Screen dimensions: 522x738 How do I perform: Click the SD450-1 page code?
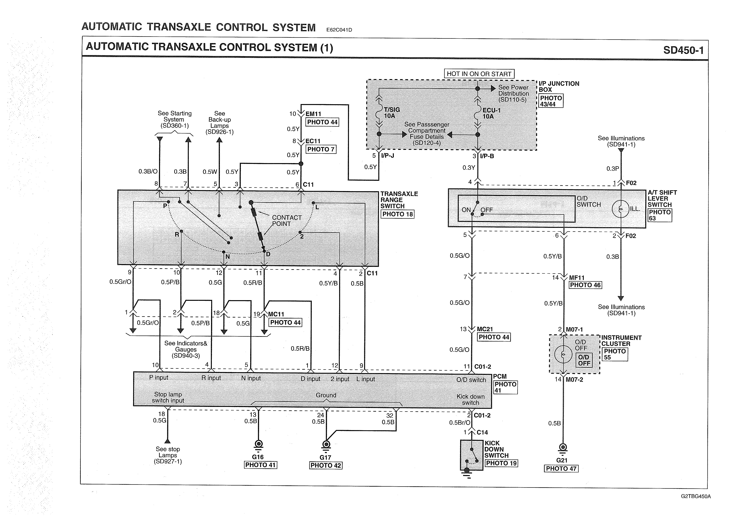pyautogui.click(x=683, y=50)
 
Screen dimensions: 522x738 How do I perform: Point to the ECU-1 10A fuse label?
pyautogui.click(x=491, y=113)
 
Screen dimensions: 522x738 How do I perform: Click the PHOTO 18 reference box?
pyautogui.click(x=397, y=214)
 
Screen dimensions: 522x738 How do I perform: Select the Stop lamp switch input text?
pyautogui.click(x=168, y=397)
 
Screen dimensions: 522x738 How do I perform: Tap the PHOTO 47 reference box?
pyautogui.click(x=561, y=469)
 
